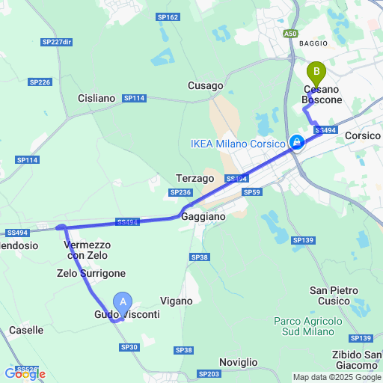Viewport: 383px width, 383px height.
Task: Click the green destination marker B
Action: pyautogui.click(x=316, y=73)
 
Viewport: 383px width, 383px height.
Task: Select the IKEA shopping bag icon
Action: pyautogui.click(x=297, y=142)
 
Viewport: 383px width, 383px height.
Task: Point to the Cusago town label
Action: pyautogui.click(x=206, y=86)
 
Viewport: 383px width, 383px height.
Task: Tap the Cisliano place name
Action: pyautogui.click(x=96, y=98)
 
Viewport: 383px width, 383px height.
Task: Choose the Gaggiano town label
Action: pyautogui.click(x=203, y=215)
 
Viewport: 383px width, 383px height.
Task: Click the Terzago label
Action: pyautogui.click(x=195, y=178)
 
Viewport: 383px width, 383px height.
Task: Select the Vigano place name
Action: pyautogui.click(x=177, y=301)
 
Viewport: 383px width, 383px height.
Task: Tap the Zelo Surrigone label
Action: pyautogui.click(x=91, y=274)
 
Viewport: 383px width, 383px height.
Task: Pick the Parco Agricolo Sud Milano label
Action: pyautogui.click(x=308, y=326)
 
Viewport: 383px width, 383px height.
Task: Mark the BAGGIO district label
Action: pyautogui.click(x=313, y=43)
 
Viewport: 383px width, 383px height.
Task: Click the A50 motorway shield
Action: pyautogui.click(x=291, y=34)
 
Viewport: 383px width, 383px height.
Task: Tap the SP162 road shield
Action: pyautogui.click(x=168, y=17)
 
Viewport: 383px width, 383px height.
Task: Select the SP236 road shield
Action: pyautogui.click(x=181, y=192)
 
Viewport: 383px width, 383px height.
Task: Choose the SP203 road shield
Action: pyautogui.click(x=209, y=373)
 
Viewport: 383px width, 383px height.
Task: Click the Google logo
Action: pyautogui.click(x=25, y=373)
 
